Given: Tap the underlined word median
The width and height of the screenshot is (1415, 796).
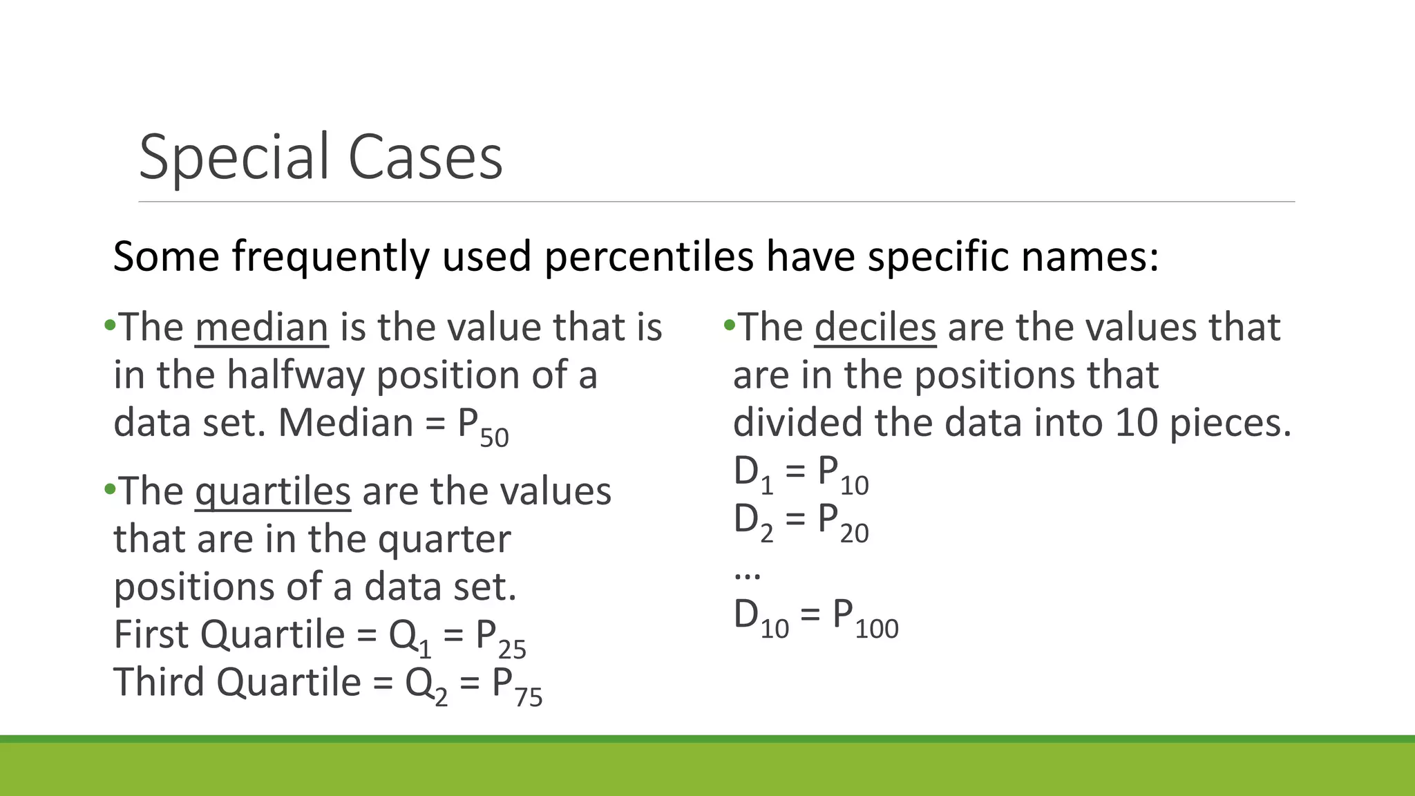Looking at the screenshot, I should pyautogui.click(x=261, y=328).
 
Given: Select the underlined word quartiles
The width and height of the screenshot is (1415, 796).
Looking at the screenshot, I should pyautogui.click(x=272, y=492).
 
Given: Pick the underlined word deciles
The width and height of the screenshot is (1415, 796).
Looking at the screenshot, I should pyautogui.click(x=875, y=328).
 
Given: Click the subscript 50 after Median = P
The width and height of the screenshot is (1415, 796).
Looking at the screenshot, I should pyautogui.click(x=494, y=438).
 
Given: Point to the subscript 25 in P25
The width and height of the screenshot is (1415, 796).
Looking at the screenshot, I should pyautogui.click(x=512, y=650).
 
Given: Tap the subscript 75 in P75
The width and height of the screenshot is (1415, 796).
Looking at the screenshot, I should pyautogui.click(x=529, y=697).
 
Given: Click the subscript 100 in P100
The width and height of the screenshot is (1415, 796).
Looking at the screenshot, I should pyautogui.click(x=876, y=629).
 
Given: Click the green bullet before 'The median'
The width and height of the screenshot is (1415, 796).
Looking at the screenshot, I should pyautogui.click(x=109, y=325).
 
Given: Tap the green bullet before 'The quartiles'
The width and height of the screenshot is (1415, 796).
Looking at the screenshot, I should pyautogui.click(x=109, y=490).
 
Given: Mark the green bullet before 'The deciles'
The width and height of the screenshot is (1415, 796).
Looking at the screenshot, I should pyautogui.click(x=729, y=325).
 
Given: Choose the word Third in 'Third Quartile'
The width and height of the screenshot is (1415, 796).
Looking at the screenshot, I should pyautogui.click(x=159, y=682).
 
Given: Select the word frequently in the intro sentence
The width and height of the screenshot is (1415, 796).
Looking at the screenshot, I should pyautogui.click(x=330, y=257).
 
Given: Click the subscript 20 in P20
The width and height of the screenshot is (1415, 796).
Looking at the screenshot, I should pyautogui.click(x=854, y=533).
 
